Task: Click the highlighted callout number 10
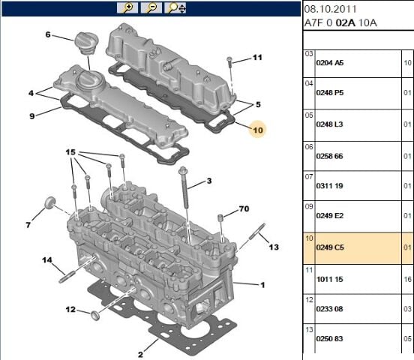tap(258, 130)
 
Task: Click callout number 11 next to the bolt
tap(257, 58)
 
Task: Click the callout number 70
tap(243, 208)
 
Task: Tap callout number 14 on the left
tap(47, 260)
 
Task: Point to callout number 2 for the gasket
tap(140, 353)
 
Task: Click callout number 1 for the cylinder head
tap(262, 285)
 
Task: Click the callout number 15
tap(70, 153)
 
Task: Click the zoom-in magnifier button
tap(127, 8)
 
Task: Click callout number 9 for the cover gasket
tap(32, 115)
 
